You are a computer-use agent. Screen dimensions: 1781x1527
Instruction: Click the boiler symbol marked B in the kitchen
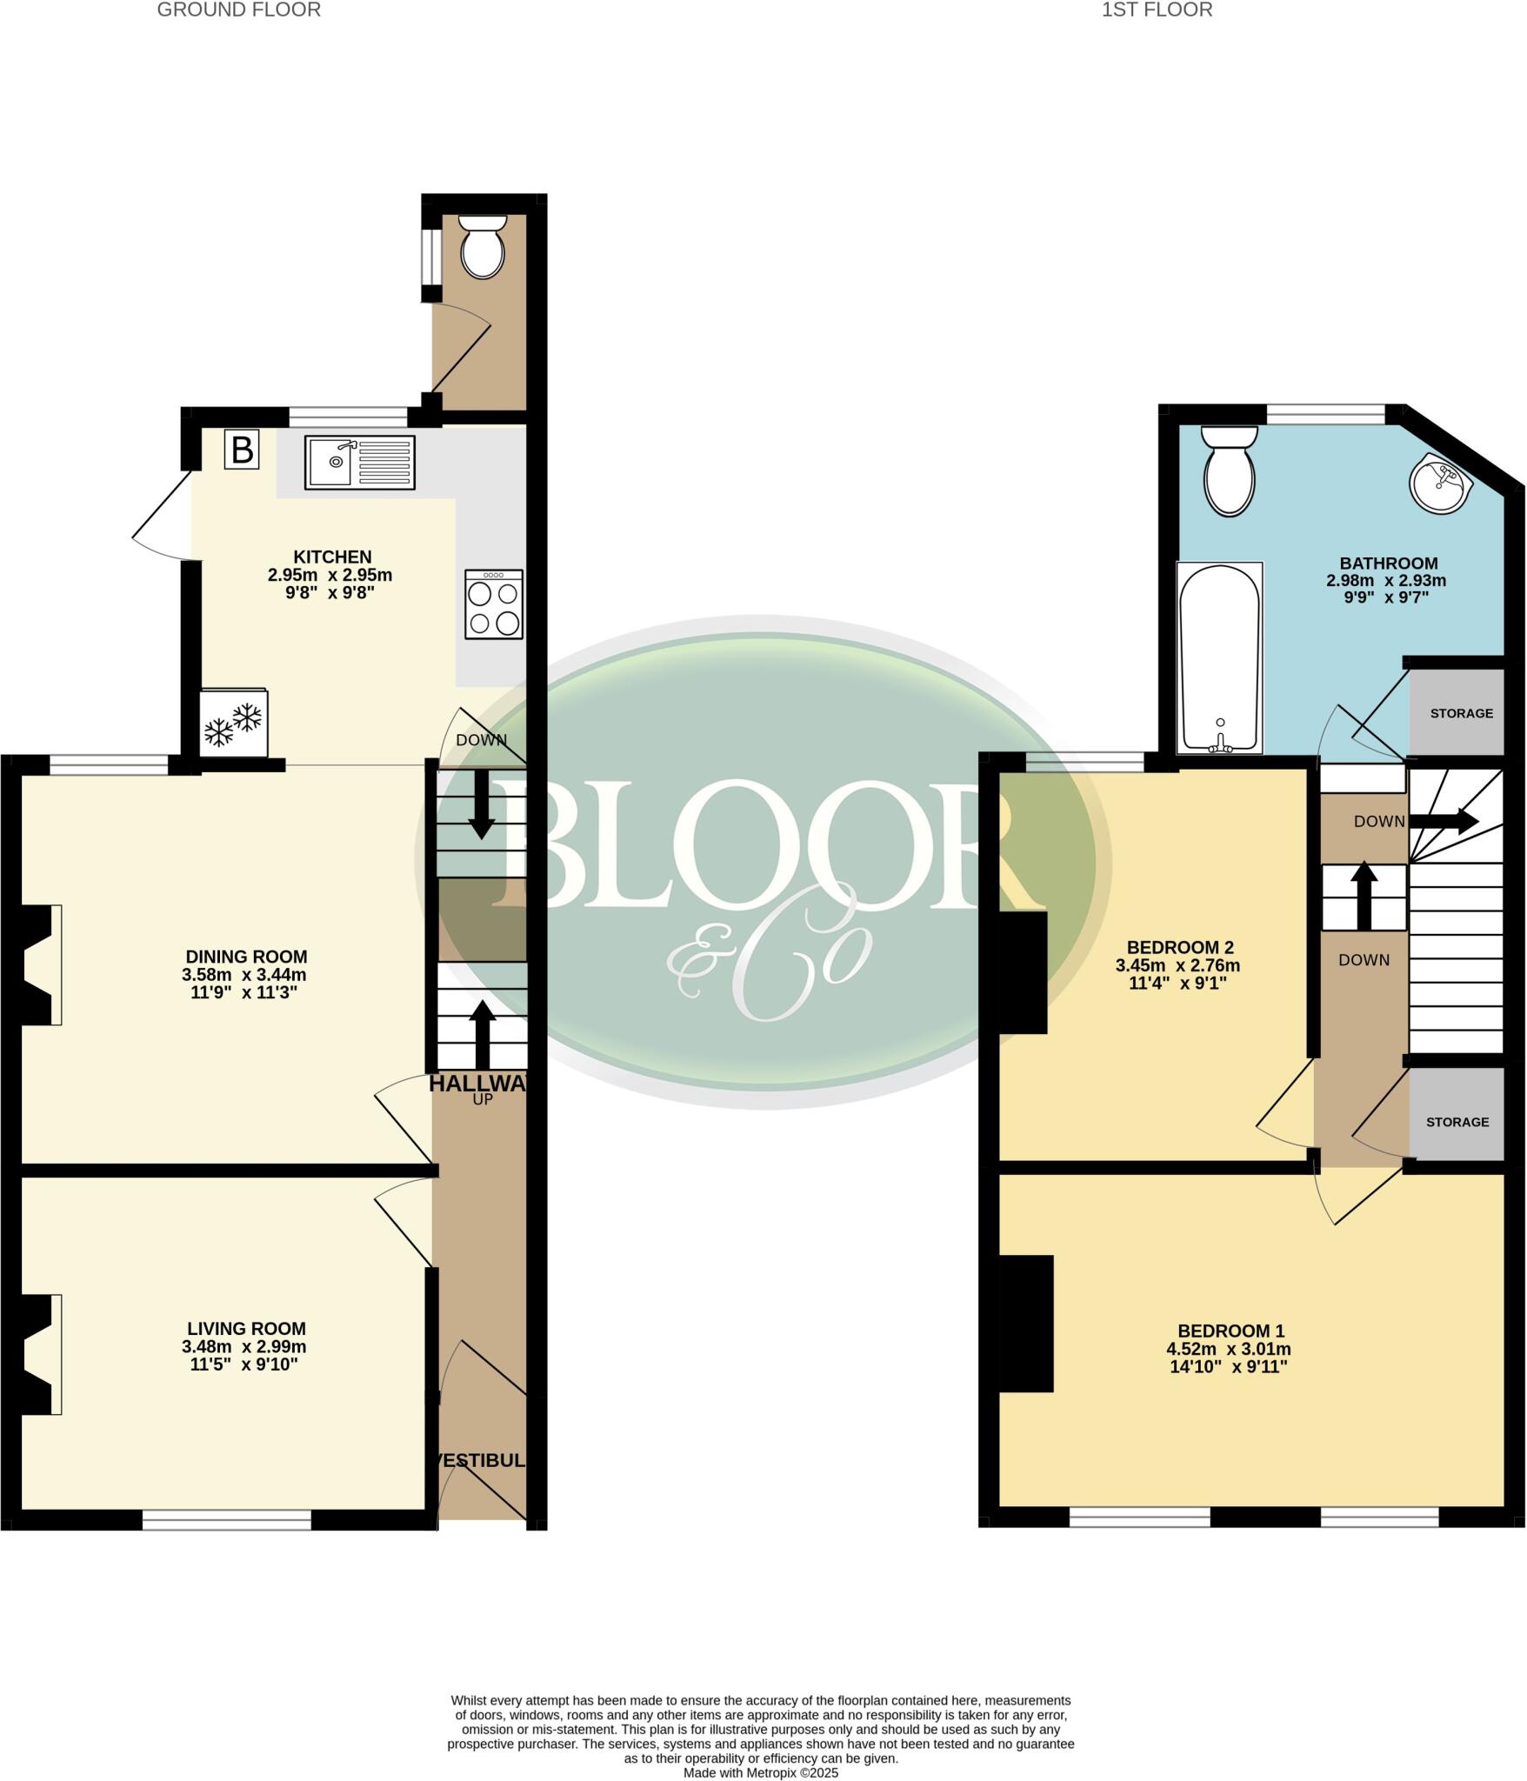pos(242,450)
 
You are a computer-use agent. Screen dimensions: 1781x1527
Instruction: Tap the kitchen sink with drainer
pos(359,462)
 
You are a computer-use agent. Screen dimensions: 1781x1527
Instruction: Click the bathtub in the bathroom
pos(1218,657)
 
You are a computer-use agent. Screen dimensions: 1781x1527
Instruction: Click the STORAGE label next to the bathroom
pos(1461,713)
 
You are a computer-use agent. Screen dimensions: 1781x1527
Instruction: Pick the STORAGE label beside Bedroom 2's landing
pos(1457,1122)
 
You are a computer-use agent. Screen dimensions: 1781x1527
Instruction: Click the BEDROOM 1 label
pos(1230,1331)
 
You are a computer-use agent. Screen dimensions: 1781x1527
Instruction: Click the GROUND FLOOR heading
pos(238,10)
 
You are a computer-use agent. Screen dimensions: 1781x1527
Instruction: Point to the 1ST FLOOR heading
pos(1157,10)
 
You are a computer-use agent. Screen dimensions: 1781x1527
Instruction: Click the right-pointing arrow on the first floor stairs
pos(1444,820)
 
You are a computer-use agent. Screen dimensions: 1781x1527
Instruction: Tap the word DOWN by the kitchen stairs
pos(481,740)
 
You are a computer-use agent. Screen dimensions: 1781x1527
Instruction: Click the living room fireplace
pos(39,1354)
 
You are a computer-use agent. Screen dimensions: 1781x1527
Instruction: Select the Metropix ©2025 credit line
pos(760,1772)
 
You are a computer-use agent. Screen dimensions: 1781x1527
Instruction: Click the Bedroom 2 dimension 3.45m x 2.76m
pos(1177,965)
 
